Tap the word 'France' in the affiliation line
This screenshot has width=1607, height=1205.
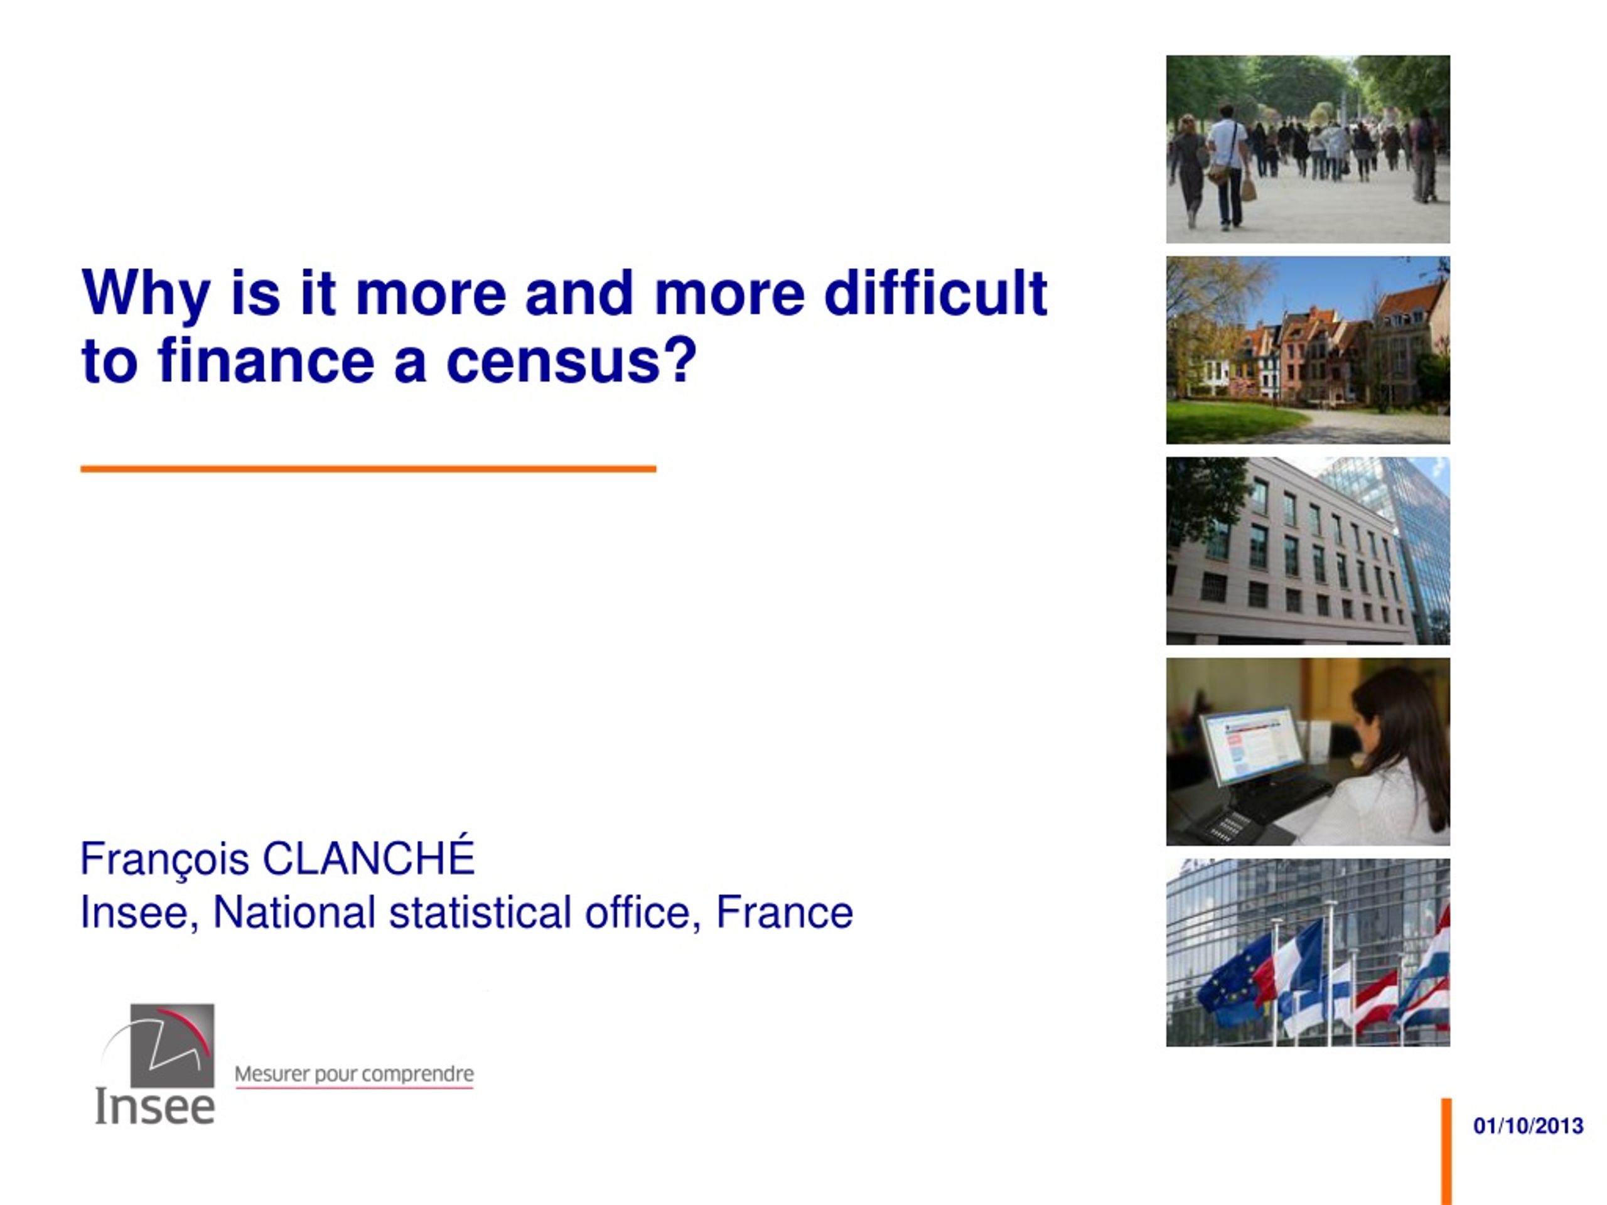[x=785, y=913]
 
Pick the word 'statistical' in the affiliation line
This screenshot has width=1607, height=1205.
[x=480, y=913]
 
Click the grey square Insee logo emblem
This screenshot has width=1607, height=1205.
[x=172, y=1045]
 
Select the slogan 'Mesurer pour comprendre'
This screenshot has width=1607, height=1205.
[x=354, y=1074]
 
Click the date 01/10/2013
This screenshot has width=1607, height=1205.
[x=1528, y=1126]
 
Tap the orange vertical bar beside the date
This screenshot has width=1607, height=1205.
[x=1446, y=1151]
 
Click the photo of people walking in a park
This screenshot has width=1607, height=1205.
[x=1308, y=149]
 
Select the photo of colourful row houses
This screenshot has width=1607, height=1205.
[x=1308, y=350]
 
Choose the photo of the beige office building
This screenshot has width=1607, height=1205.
[x=1308, y=550]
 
